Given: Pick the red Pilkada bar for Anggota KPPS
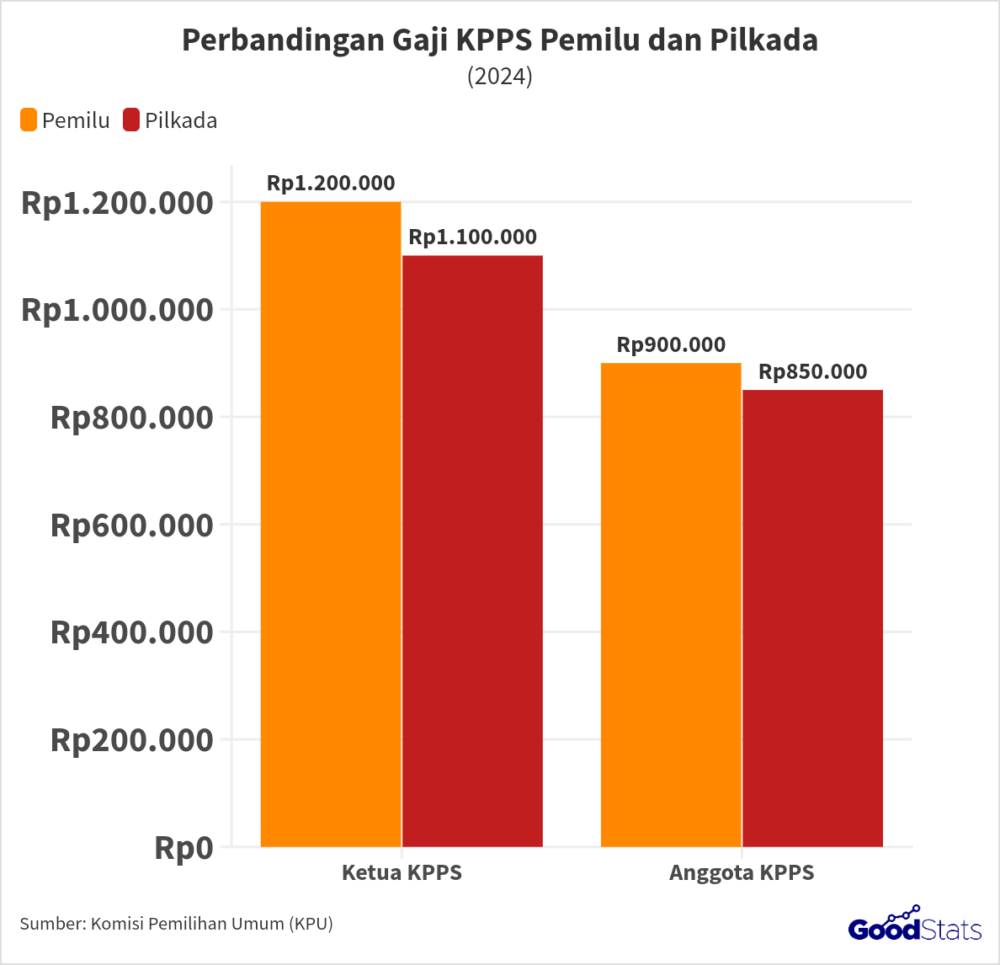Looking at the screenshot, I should click(812, 618).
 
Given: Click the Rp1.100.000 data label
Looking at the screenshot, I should click(472, 237).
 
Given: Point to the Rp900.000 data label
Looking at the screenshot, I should click(671, 345).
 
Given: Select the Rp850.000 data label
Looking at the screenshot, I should click(812, 372).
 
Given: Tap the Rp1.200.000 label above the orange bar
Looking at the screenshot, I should click(331, 184).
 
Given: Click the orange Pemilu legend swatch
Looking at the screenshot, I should click(29, 120).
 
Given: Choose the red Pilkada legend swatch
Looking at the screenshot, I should click(131, 120).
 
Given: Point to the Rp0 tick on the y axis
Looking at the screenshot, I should click(184, 848).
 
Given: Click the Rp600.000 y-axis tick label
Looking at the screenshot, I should click(132, 525).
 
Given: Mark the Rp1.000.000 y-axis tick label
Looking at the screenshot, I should click(117, 310).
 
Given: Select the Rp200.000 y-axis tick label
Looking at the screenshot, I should click(132, 740).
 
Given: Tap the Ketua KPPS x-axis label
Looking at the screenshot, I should click(402, 872).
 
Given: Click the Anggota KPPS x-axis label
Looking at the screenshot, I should click(742, 872).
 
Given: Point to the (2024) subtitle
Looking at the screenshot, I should click(500, 77).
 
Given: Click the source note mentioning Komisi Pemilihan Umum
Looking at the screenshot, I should click(176, 924).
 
